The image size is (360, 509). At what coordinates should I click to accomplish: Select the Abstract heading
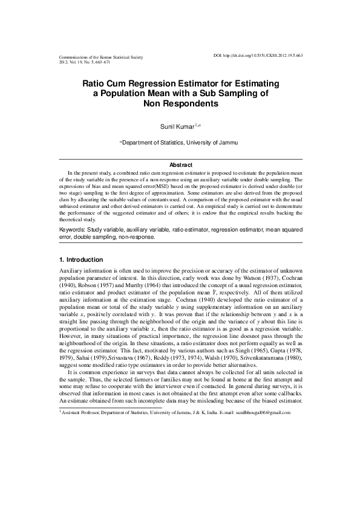pyautogui.click(x=180, y=165)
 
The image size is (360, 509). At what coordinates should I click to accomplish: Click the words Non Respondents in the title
pyautogui.click(x=180, y=103)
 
